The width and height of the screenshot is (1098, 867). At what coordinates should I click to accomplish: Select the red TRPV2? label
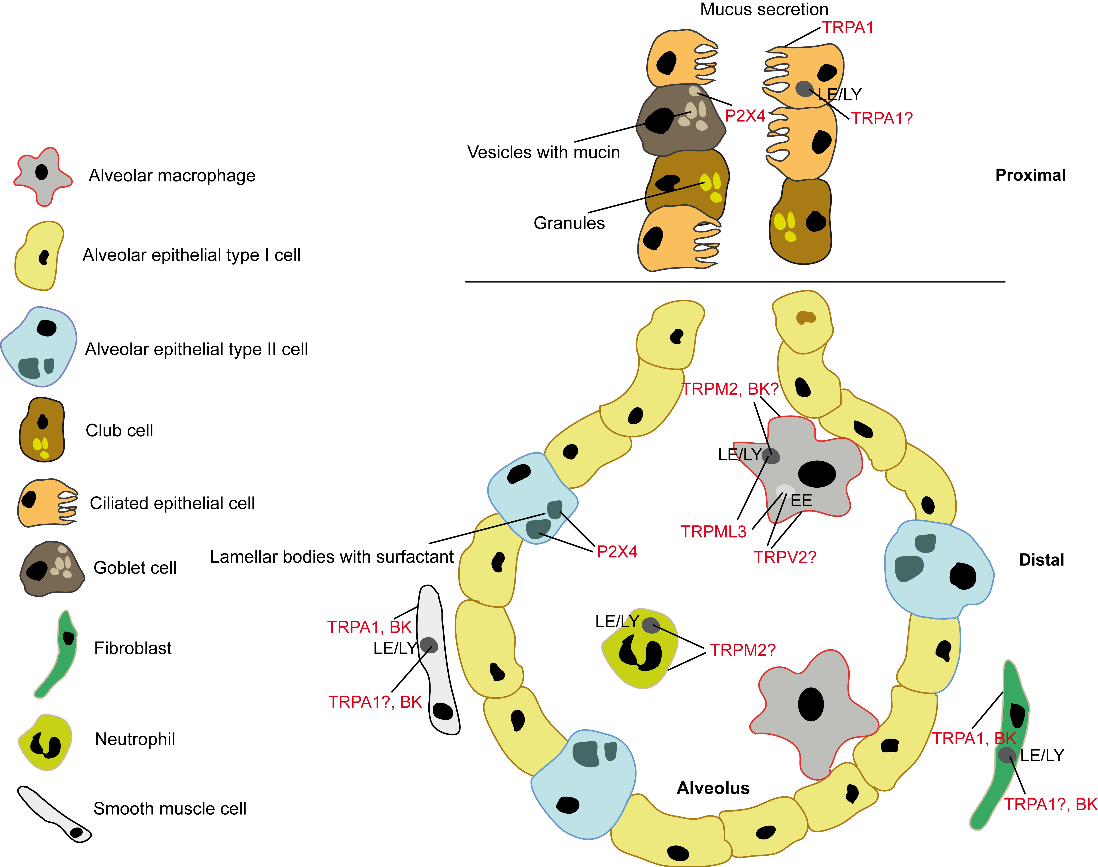[784, 557]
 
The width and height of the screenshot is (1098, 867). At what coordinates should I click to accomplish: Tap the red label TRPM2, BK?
[729, 389]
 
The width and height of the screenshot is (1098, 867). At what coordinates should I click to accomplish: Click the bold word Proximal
[1030, 175]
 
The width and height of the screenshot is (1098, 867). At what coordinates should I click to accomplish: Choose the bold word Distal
[1041, 560]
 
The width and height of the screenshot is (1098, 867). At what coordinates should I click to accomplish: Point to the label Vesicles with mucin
[543, 152]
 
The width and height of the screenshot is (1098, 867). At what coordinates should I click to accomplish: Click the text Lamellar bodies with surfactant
[331, 557]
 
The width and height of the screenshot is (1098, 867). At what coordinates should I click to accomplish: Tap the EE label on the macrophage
[801, 500]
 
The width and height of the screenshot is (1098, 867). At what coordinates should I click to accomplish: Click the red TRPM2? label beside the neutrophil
[742, 650]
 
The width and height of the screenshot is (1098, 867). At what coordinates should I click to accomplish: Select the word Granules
[569, 223]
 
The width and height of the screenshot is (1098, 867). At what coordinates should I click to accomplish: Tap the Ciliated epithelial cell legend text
[172, 503]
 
